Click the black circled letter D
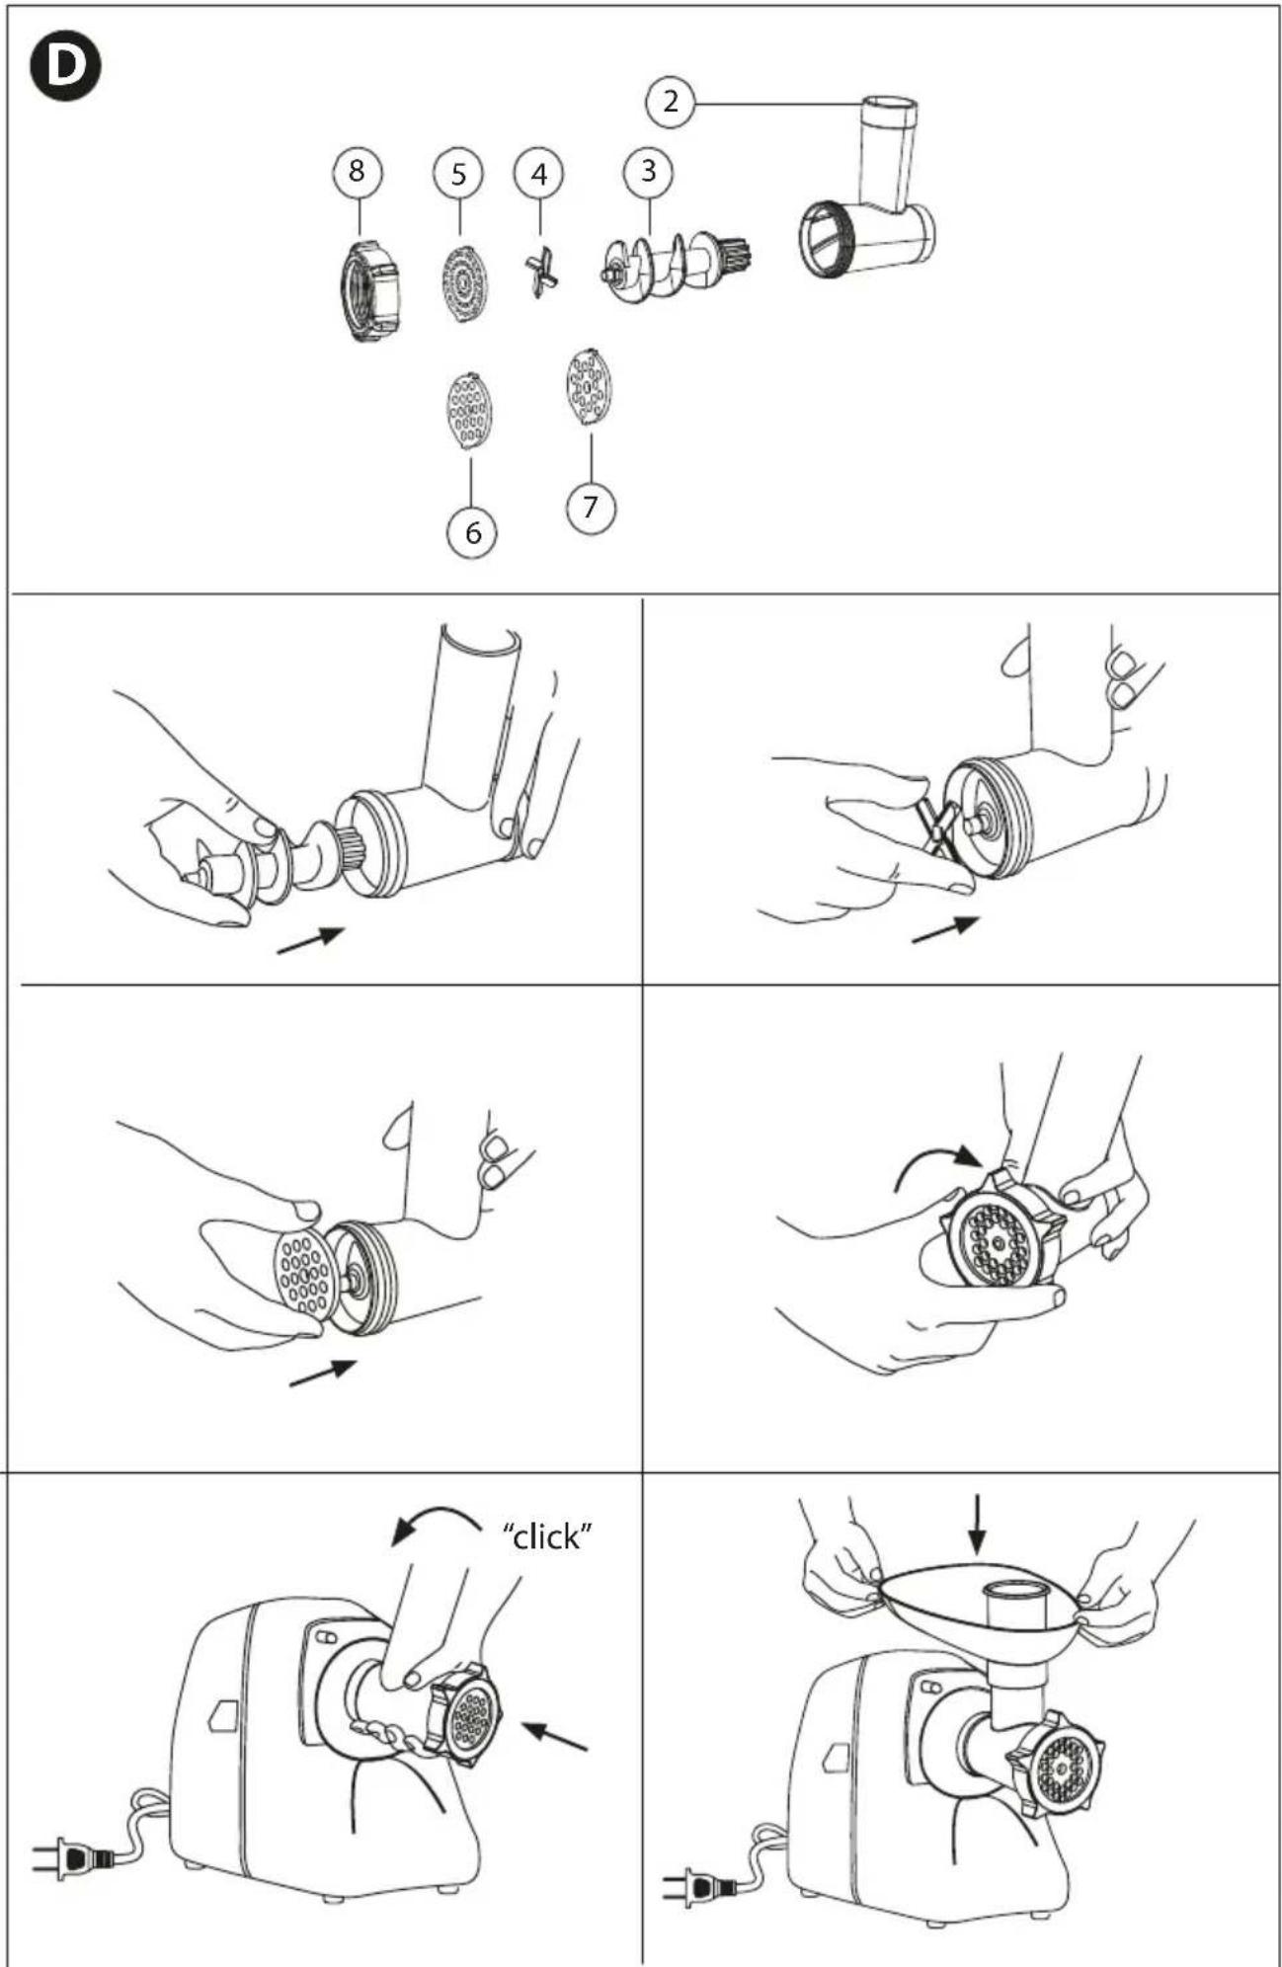click(x=66, y=65)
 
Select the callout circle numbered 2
click(x=671, y=101)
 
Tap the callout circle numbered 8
click(x=357, y=171)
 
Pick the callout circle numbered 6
click(x=472, y=532)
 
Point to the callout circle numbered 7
click(x=591, y=507)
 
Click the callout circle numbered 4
click(x=538, y=174)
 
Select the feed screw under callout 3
click(x=678, y=263)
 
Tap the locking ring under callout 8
click(x=369, y=290)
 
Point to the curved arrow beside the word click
click(x=435, y=1512)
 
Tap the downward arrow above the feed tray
click(x=977, y=1524)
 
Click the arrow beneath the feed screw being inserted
click(x=310, y=940)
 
